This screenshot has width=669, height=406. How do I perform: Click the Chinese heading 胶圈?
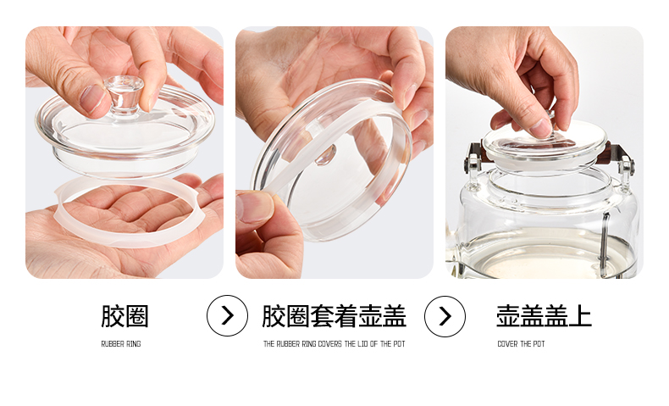coord(124,316)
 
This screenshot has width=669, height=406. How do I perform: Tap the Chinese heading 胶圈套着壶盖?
coord(334,316)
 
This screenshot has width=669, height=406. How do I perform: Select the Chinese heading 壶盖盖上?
coord(544,316)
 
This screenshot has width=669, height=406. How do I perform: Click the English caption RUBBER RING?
coord(121,343)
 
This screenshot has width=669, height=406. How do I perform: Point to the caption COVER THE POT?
coord(521,343)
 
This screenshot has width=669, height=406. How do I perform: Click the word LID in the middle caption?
coord(362,343)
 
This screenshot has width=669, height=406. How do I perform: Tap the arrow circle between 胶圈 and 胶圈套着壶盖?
coord(228,316)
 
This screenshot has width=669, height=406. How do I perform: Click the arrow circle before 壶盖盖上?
coord(445,316)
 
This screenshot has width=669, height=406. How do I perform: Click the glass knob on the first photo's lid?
coord(124,96)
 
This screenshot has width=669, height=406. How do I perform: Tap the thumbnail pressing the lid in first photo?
coord(91,98)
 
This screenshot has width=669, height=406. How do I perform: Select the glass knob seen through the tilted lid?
coord(325,155)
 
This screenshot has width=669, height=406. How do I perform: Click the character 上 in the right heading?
coord(580,316)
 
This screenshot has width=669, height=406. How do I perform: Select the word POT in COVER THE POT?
coord(539,343)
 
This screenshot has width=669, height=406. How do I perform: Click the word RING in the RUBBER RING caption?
coord(134,343)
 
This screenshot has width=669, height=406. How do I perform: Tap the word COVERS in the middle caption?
coord(330,343)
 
